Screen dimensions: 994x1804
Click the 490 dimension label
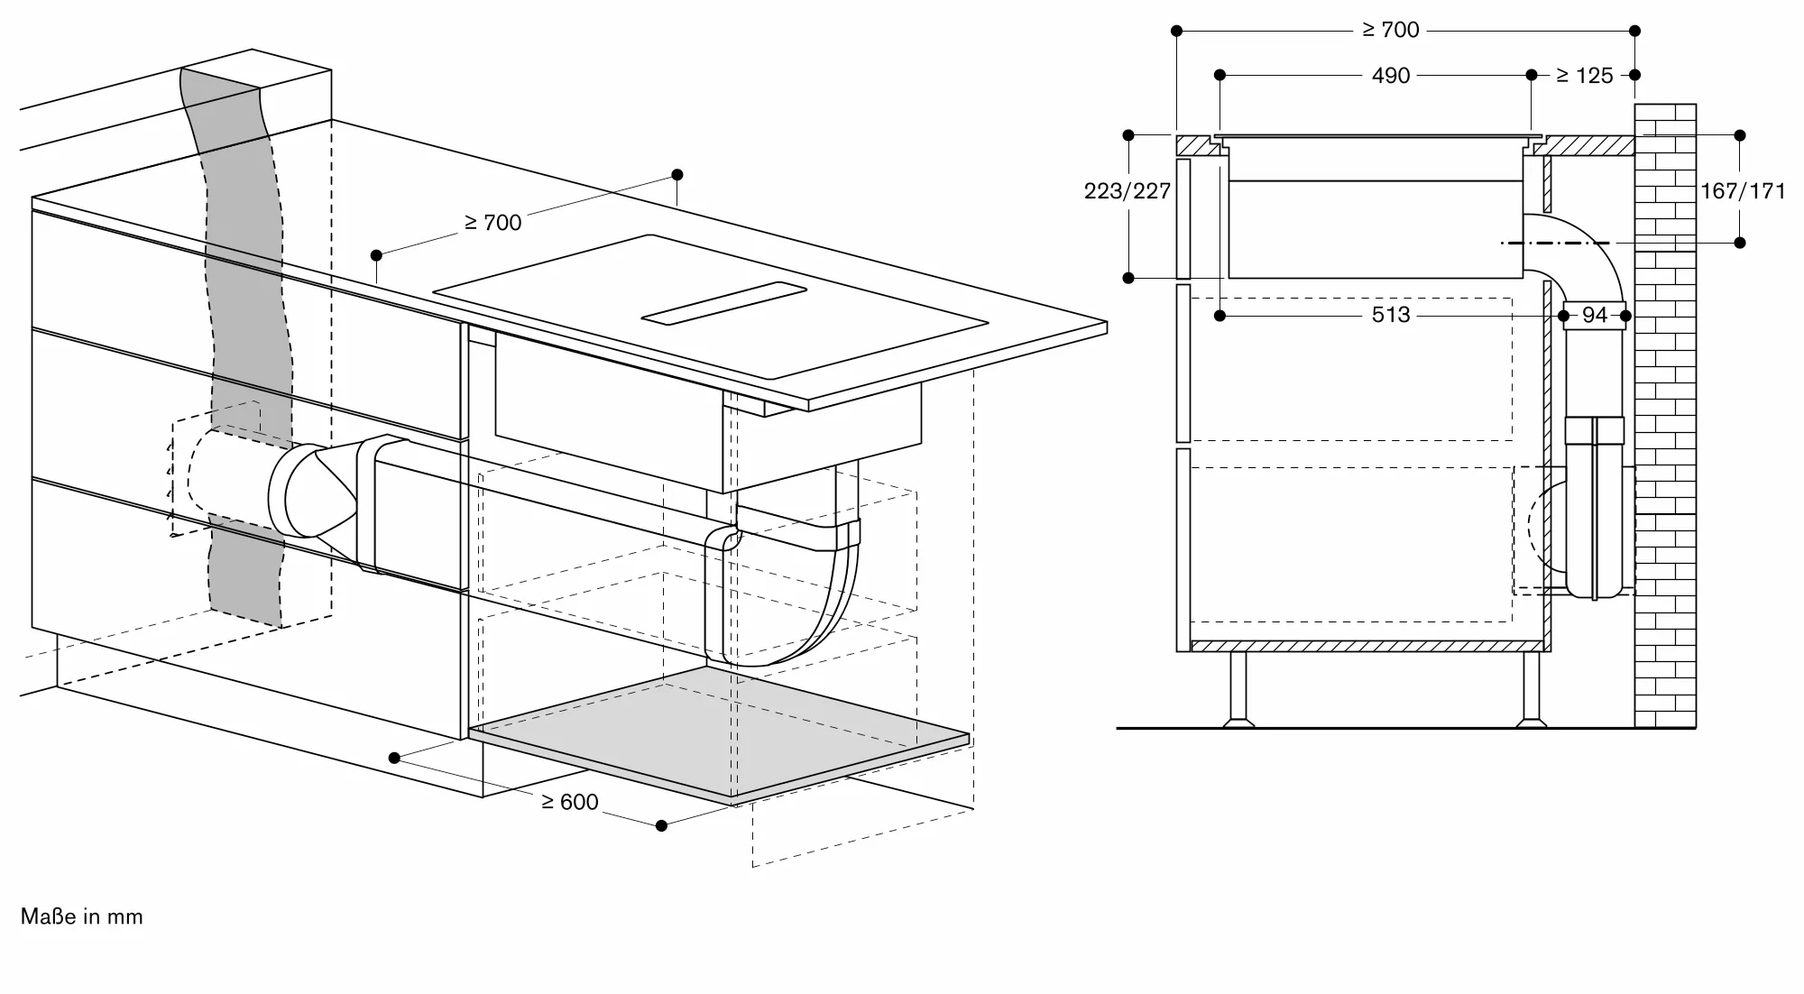1390,76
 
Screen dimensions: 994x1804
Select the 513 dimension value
1390,315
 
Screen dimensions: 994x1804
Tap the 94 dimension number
1594,315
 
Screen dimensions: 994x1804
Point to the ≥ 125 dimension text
1584,76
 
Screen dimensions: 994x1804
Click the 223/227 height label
1127,191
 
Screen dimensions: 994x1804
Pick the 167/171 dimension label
1742,191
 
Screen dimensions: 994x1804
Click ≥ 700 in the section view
1390,31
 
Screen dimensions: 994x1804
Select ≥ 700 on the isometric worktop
492,222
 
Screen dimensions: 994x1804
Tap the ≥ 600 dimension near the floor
569,802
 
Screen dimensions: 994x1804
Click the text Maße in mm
82,916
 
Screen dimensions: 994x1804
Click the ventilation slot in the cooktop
724,301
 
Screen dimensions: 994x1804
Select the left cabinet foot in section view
1238,690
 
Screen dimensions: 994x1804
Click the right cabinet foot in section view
1531,690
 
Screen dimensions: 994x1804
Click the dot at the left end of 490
1220,75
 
